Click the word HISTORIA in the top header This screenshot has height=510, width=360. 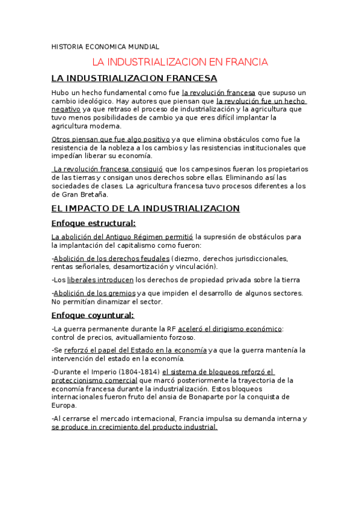pos(66,46)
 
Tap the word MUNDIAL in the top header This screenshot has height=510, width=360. pos(142,46)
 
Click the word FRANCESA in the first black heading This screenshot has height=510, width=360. pos(186,78)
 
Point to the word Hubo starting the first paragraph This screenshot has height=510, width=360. pos(61,93)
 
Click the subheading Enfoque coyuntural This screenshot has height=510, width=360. pos(93,315)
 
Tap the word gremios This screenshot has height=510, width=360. pos(121,293)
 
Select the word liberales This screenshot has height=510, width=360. pos(84,280)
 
